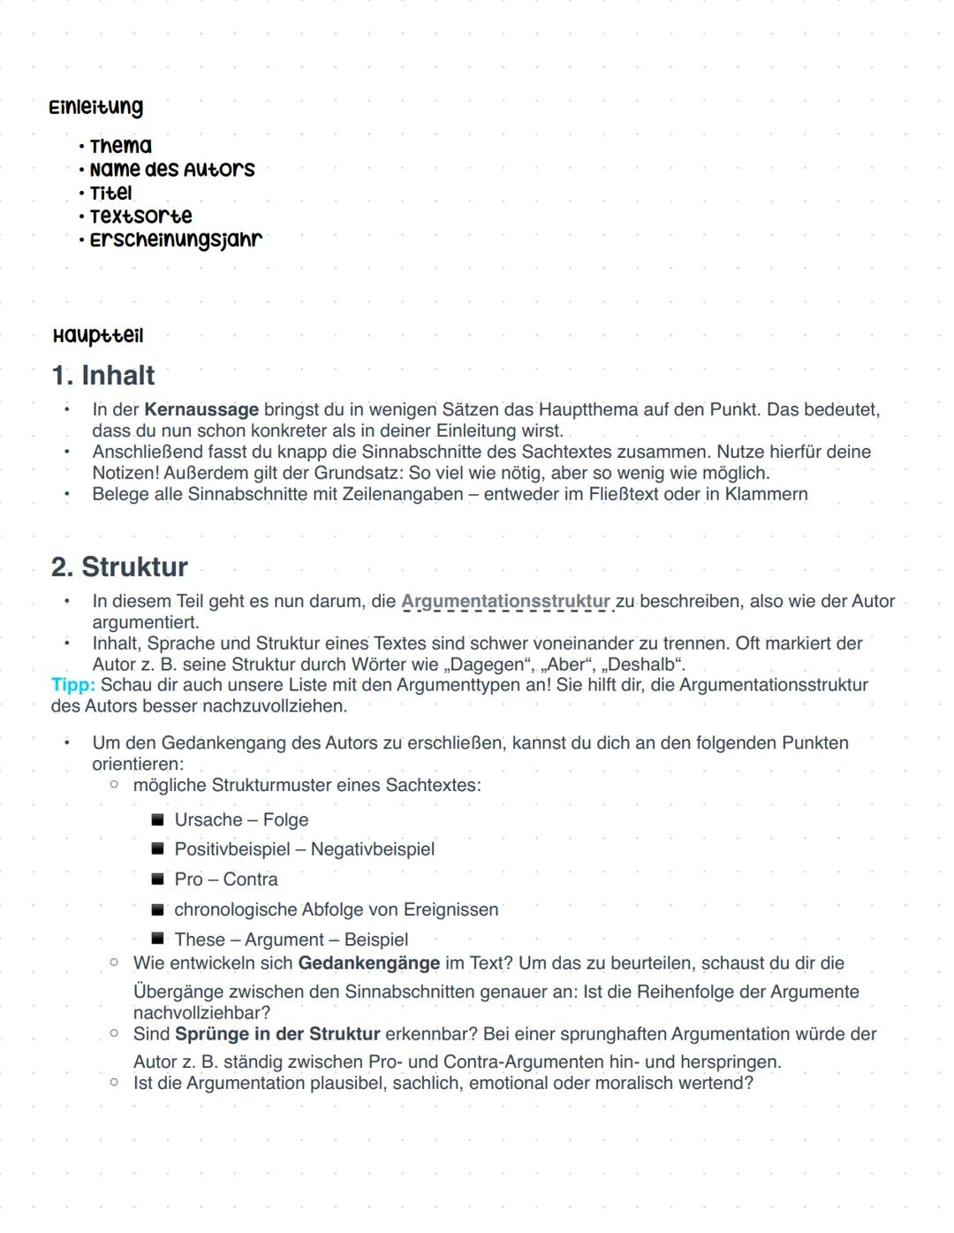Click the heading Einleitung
95,108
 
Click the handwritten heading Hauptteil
97,336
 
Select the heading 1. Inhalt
103,376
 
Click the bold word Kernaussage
201,410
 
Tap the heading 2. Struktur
119,567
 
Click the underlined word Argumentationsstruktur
505,602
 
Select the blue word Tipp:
73,685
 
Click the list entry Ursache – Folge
241,820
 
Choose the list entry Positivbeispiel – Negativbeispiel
304,849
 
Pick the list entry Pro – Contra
226,879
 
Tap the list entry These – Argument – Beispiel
291,940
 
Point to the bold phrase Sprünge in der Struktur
277,1034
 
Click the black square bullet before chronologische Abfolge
158,910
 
